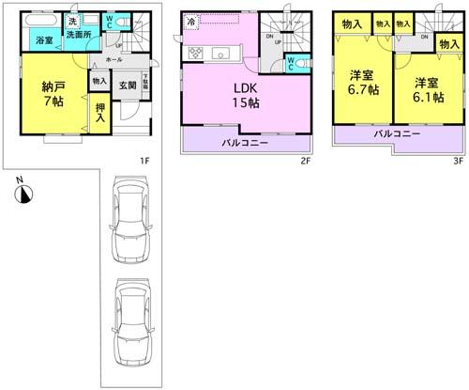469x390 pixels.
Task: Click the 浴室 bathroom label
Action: tap(44, 40)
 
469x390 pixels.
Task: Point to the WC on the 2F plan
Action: tap(291, 64)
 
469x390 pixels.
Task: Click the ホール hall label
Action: tap(114, 58)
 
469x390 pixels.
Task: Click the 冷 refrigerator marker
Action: tap(191, 21)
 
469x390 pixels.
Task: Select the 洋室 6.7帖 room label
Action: tap(362, 82)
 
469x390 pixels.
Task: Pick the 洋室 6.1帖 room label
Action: tap(422, 82)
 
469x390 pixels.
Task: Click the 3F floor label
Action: tap(459, 161)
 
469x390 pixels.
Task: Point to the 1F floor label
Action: tap(144, 161)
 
